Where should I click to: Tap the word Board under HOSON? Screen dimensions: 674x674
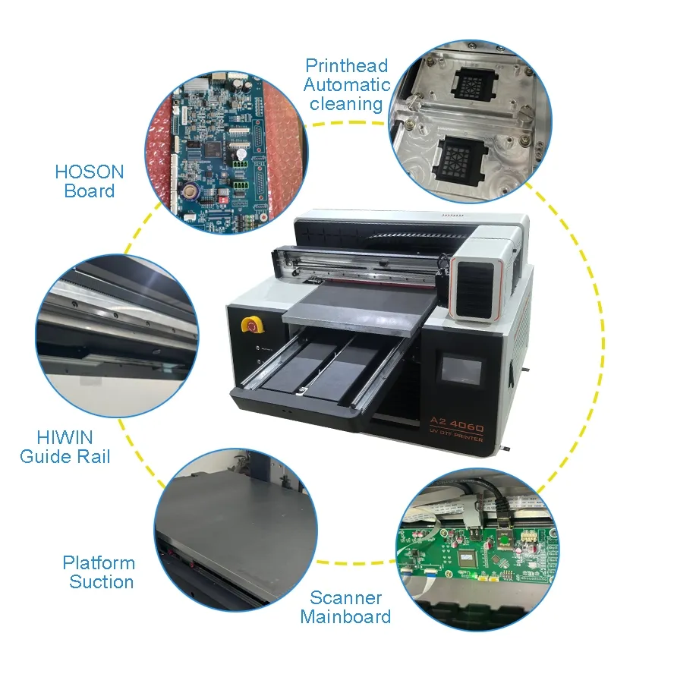pyautogui.click(x=90, y=191)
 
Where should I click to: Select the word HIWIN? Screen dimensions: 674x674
pyautogui.click(x=65, y=437)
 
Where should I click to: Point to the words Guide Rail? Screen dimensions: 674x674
pyautogui.click(x=65, y=456)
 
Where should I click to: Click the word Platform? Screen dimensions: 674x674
pyautogui.click(x=99, y=563)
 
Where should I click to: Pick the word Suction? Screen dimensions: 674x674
pyautogui.click(x=102, y=582)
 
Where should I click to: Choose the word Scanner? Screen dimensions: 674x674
pyautogui.click(x=345, y=597)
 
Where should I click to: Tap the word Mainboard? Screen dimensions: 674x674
pyautogui.click(x=345, y=616)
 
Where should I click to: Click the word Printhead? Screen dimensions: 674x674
pyautogui.click(x=346, y=66)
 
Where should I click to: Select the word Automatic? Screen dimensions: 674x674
pyautogui.click(x=347, y=85)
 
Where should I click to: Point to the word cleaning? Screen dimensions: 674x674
pyautogui.click(x=346, y=104)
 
